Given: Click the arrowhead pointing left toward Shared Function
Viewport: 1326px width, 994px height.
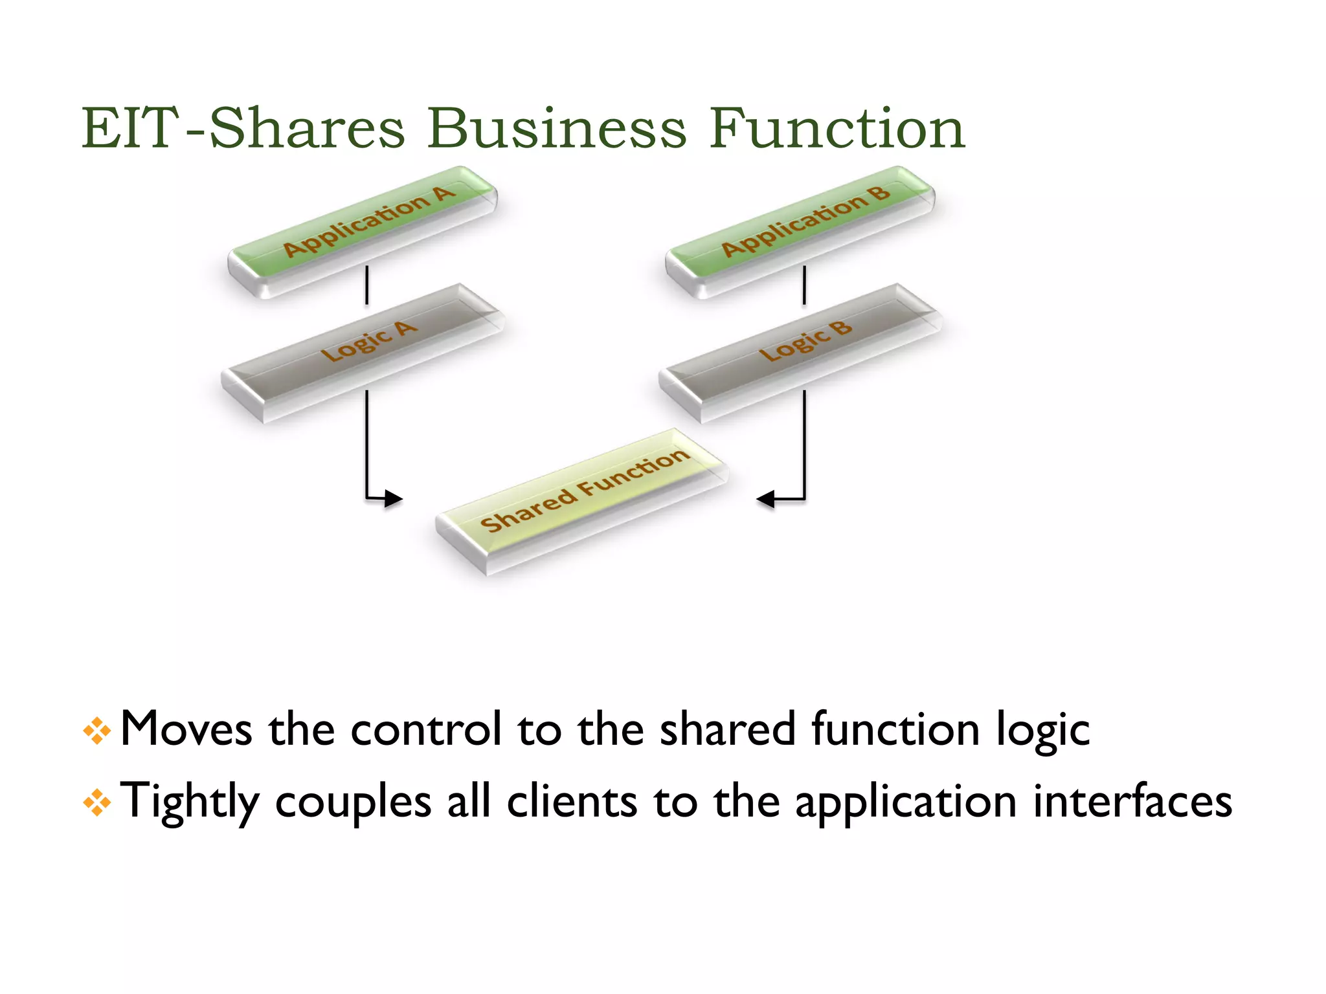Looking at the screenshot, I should [x=767, y=499].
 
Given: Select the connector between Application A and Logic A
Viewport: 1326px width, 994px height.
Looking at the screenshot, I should [x=367, y=285].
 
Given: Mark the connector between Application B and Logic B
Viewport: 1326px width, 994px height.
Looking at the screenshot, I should [x=805, y=285].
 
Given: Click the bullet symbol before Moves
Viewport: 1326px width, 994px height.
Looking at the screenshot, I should [x=97, y=731].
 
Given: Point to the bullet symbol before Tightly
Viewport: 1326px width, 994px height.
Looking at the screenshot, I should [x=97, y=803].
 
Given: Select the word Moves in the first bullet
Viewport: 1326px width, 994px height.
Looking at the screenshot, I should [x=186, y=729].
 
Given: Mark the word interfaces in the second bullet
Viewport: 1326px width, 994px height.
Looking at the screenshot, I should [x=1132, y=801].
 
